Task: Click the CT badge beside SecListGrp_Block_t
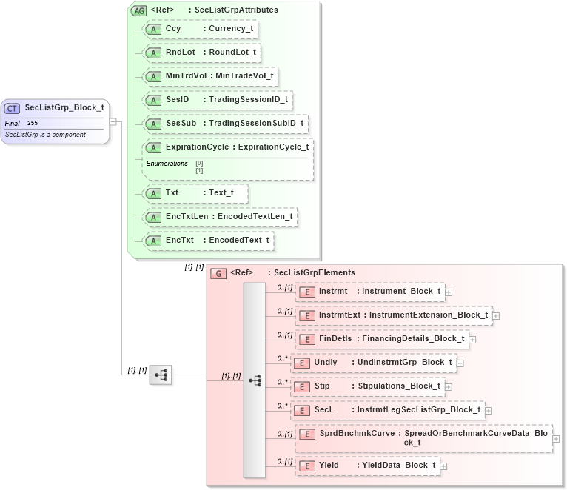13,108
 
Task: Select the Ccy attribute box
201,29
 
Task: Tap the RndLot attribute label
180,53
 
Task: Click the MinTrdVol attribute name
186,75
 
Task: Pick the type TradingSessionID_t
248,99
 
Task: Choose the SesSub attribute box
225,123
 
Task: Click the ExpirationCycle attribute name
197,147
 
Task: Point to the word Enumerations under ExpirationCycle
167,163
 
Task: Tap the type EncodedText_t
238,241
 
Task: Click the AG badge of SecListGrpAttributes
138,10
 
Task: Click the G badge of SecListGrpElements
218,273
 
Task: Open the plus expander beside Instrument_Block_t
449,292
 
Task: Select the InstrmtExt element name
339,315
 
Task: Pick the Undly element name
326,362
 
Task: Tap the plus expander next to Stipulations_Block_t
449,386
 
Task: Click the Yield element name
329,465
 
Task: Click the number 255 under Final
33,123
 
